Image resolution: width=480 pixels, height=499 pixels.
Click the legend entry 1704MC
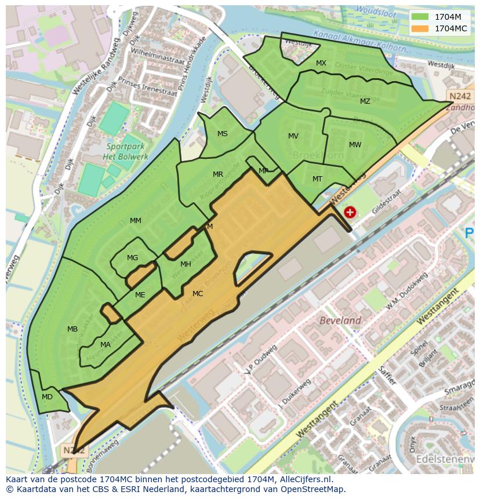(450, 28)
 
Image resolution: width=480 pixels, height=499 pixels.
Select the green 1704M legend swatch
(420, 16)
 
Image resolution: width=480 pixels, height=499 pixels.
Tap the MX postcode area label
(321, 63)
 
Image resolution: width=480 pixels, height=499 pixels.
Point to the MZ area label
(365, 101)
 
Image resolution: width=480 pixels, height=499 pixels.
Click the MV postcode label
(293, 136)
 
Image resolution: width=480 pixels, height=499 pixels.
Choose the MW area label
(355, 145)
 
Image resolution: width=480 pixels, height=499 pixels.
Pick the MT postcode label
(317, 179)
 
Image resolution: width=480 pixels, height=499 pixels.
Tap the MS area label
(223, 134)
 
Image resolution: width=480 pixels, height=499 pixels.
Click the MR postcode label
(218, 174)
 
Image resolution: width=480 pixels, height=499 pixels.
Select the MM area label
(136, 221)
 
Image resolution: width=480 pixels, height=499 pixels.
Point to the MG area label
(133, 258)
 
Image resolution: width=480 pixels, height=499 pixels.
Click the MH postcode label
(186, 264)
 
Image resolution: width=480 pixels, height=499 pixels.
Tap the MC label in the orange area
(198, 294)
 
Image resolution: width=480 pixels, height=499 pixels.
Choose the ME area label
(140, 295)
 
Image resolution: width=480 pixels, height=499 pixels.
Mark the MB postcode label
(72, 329)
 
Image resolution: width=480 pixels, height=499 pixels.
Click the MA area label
(106, 345)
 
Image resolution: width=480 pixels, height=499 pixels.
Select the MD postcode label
(48, 397)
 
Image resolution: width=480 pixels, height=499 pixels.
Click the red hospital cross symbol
(350, 212)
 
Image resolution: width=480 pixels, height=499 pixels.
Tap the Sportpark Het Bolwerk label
(126, 151)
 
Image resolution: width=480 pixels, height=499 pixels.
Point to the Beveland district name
(341, 320)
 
